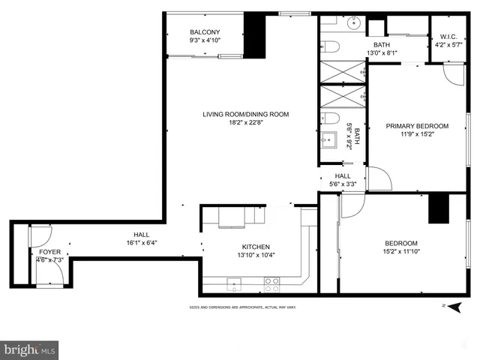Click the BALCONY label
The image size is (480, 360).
pos(204,31)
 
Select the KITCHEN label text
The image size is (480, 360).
pos(255,247)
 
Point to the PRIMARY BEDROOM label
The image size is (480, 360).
pos(417,126)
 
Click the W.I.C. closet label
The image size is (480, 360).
pos(448,36)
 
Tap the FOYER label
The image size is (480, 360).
pos(51,252)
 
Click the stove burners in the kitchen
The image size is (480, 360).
pos(272,283)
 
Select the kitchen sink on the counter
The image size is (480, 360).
pos(233,284)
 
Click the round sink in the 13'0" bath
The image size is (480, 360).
pos(353,23)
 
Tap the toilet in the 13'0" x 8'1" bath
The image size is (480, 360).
pos(331,46)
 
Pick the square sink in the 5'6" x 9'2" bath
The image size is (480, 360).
pos(330,140)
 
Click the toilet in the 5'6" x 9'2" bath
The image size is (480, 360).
pos(331,118)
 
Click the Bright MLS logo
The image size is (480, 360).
pos(30,349)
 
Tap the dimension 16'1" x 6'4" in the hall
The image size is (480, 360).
pos(141,243)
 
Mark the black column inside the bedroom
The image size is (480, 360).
pos(438,208)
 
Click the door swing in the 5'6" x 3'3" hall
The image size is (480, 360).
pos(379,179)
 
